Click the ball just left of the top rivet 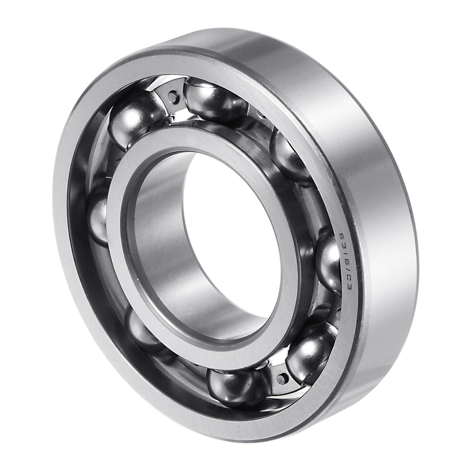pyautogui.click(x=130, y=118)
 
